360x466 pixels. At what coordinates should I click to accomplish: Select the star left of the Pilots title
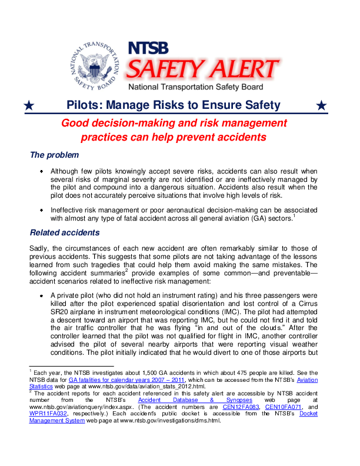29,106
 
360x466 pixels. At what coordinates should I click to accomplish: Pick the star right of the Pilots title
321,106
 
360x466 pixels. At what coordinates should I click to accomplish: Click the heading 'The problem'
54,155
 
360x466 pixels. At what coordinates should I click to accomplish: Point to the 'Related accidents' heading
65,232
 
